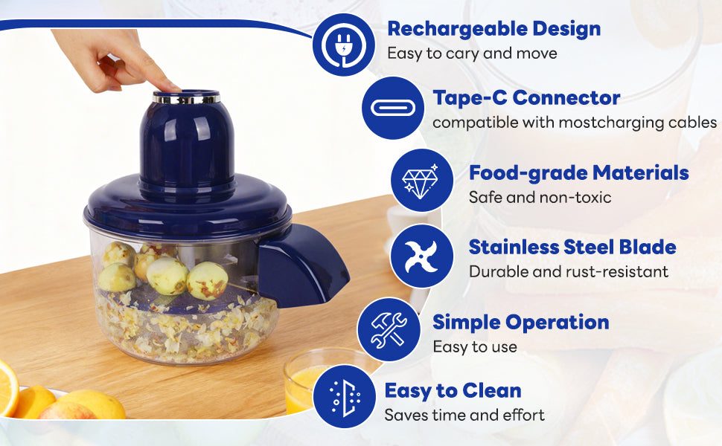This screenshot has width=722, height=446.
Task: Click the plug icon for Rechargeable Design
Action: click(x=343, y=45)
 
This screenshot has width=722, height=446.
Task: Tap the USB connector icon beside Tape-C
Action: click(x=393, y=108)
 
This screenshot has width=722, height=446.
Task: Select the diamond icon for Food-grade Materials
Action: click(x=422, y=180)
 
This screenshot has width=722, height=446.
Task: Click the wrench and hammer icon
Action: click(x=389, y=329)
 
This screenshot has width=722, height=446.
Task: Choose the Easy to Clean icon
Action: click(x=345, y=396)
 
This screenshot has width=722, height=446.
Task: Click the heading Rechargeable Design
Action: click(x=494, y=30)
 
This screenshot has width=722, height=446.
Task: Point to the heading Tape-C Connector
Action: click(x=526, y=98)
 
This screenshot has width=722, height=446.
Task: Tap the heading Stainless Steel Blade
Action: click(x=572, y=247)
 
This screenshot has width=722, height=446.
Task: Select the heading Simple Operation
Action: click(x=521, y=323)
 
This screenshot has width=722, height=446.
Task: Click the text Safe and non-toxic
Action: click(x=540, y=197)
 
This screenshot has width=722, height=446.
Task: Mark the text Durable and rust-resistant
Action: click(x=569, y=271)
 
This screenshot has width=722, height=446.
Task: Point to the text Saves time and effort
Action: click(x=464, y=415)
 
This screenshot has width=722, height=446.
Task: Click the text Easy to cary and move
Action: click(x=473, y=54)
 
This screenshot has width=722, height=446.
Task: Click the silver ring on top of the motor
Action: click(x=186, y=99)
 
